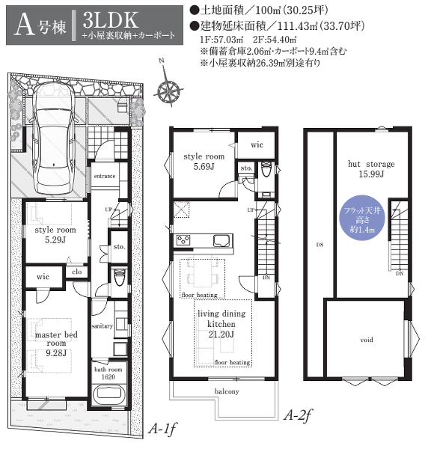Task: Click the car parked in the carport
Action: [x=54, y=139]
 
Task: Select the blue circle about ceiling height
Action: [x=362, y=218]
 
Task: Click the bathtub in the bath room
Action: [x=108, y=395]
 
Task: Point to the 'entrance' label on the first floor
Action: [x=105, y=176]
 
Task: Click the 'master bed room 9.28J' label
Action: [x=56, y=343]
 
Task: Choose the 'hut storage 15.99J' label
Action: [x=371, y=169]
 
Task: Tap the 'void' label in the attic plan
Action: [x=367, y=340]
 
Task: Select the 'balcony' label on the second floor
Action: [x=227, y=391]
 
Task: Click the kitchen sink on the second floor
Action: [x=222, y=240]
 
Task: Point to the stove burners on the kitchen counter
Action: [x=183, y=240]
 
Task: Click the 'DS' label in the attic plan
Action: [x=320, y=245]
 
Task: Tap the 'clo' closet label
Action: [x=77, y=272]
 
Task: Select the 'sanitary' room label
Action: [x=103, y=326]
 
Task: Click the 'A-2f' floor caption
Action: [x=298, y=415]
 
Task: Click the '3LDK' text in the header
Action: [x=111, y=20]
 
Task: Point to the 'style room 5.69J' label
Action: [x=204, y=162]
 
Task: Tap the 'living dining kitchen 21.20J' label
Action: [x=221, y=324]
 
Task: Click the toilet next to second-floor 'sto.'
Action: [x=266, y=170]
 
